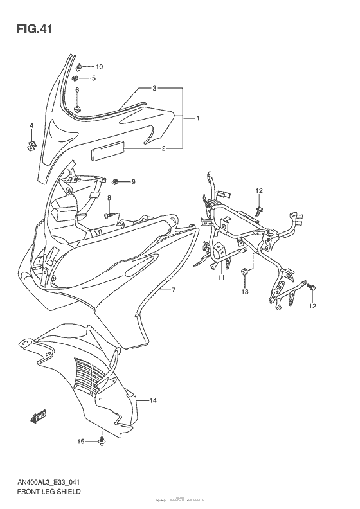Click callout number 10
[99, 67]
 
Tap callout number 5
[94, 78]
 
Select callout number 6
[76, 90]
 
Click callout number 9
[134, 182]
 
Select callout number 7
[173, 290]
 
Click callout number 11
[221, 277]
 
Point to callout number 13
[245, 292]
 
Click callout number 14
[153, 401]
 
